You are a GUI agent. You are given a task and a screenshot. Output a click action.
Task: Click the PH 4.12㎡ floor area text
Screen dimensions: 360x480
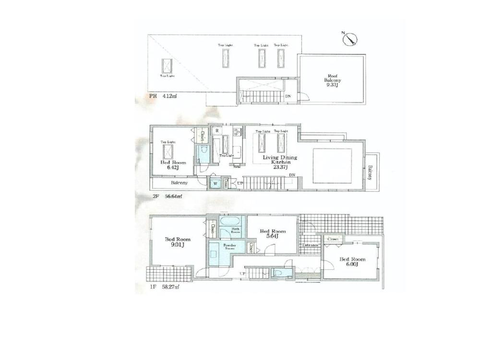163,96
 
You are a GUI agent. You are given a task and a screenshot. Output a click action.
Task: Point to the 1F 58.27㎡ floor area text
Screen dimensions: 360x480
165,287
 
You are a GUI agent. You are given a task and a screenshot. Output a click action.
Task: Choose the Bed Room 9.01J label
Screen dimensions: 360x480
178,242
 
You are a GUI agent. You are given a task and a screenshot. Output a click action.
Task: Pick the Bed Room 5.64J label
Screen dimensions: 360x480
272,234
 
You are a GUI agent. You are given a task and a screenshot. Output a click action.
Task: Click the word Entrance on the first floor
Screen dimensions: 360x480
311,245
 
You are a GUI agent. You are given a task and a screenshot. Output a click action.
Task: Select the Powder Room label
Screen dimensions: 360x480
229,247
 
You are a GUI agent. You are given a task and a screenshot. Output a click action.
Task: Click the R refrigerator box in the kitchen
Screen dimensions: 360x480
217,131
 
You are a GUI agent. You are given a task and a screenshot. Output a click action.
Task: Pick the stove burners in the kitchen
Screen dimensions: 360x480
237,131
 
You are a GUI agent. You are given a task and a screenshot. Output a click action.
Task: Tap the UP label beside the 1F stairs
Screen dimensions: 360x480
243,274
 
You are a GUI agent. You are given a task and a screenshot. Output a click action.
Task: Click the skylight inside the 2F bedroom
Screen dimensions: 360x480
168,153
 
